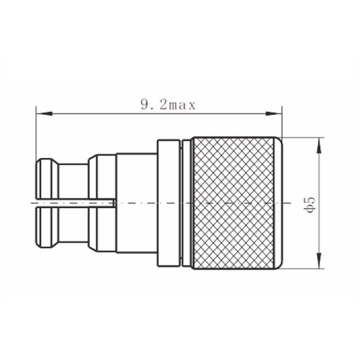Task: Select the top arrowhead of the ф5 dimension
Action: pyautogui.click(x=319, y=142)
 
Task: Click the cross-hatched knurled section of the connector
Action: pyautogui.click(x=237, y=204)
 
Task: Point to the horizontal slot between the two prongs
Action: pyautogui.click(x=72, y=203)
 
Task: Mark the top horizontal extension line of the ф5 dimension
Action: pyautogui.click(x=303, y=137)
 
